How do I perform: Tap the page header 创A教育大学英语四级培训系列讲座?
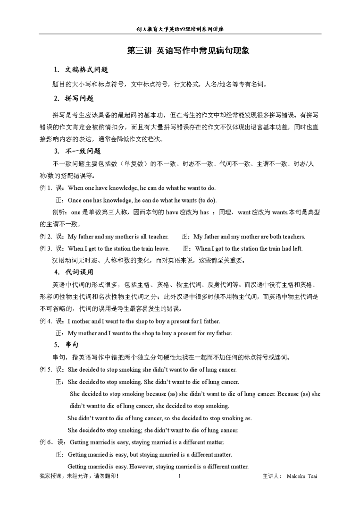[x=180, y=29]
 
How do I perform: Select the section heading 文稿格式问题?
[x=87, y=70]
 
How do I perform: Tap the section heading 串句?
[x=72, y=344]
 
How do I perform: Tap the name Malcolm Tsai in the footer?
[x=301, y=476]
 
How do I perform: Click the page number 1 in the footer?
[x=180, y=476]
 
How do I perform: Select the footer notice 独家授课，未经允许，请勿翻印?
[x=79, y=476]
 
